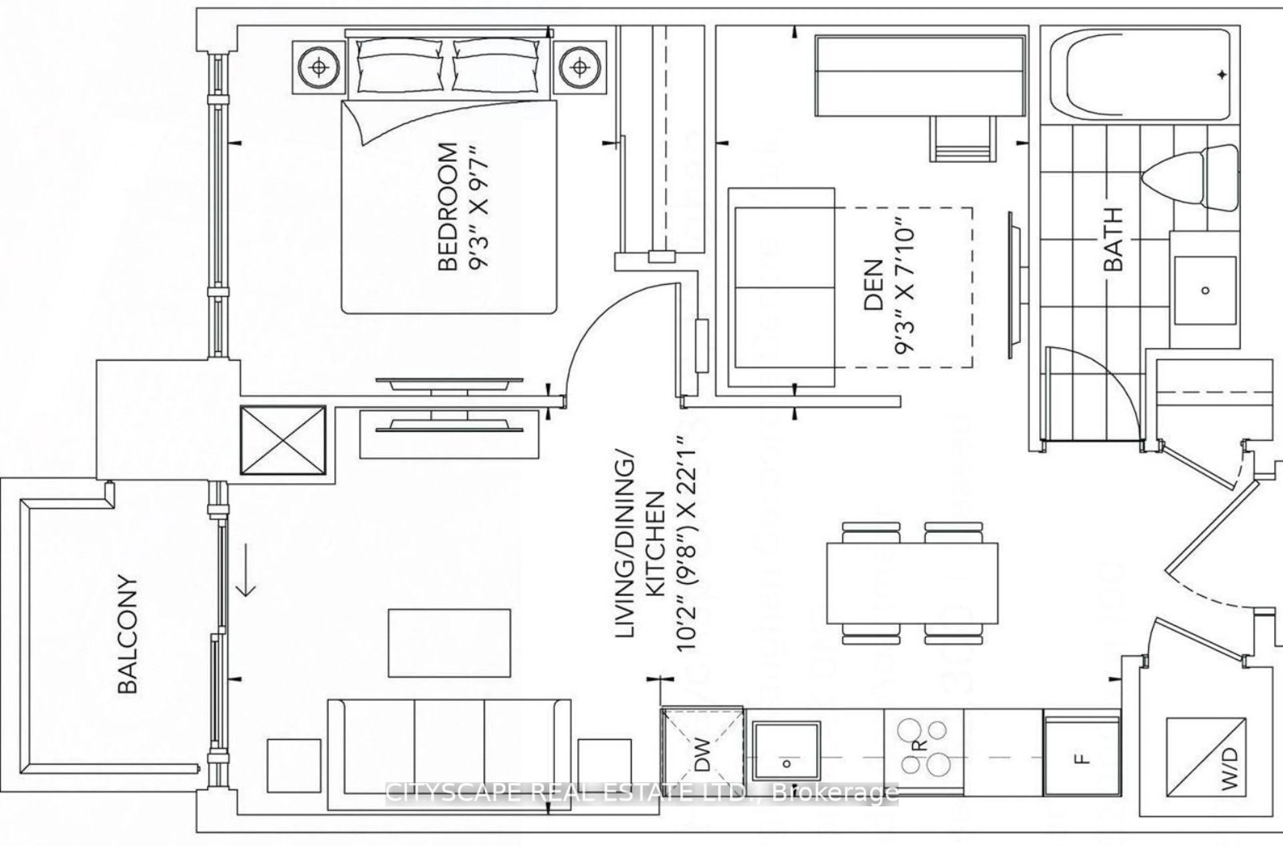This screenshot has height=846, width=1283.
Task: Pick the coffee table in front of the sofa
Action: [449, 642]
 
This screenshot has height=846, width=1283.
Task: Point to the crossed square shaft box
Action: [283, 441]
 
